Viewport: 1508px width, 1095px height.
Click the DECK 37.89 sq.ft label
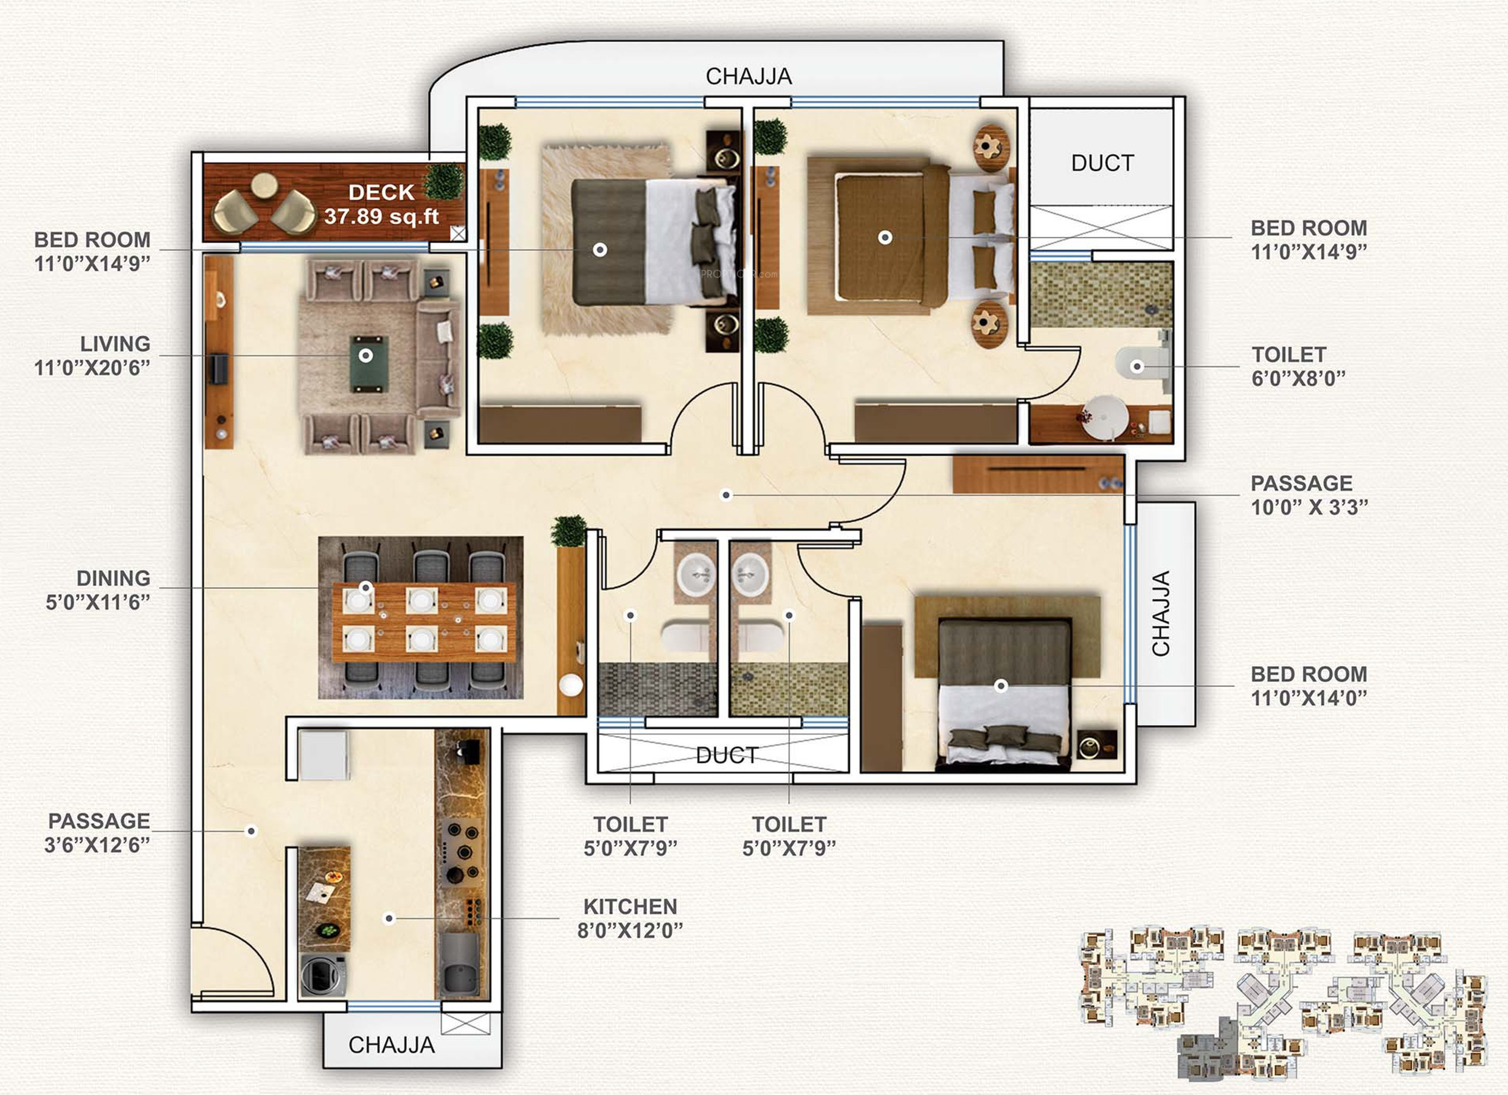(x=382, y=204)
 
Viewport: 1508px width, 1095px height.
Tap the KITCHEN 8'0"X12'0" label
(x=631, y=918)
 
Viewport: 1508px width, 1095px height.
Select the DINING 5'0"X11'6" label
(x=98, y=590)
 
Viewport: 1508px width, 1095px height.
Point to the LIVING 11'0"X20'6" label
(x=92, y=356)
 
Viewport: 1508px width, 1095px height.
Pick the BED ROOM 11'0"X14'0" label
(x=1309, y=686)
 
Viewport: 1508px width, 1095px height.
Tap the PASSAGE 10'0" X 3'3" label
(x=1309, y=495)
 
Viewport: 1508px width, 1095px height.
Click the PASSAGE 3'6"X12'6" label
(x=98, y=832)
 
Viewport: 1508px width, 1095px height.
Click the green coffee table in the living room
(x=367, y=363)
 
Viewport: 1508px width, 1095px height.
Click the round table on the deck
(x=265, y=186)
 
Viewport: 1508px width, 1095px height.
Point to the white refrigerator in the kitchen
(x=324, y=755)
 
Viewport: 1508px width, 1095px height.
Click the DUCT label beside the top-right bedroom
(x=1102, y=163)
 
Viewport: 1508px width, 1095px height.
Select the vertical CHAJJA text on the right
(x=1161, y=613)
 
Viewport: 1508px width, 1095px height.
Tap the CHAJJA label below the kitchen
(x=392, y=1045)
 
